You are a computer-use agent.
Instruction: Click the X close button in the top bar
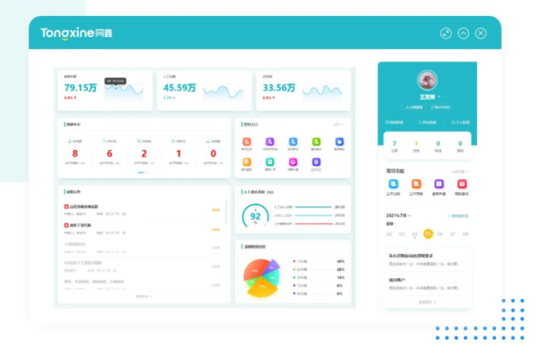(x=481, y=34)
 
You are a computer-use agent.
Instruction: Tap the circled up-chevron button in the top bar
(x=463, y=34)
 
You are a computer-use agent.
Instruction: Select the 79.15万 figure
(x=80, y=88)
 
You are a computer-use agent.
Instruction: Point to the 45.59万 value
(x=179, y=88)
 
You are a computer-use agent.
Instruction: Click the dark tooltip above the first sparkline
(x=116, y=80)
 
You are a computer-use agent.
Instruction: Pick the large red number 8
(x=75, y=153)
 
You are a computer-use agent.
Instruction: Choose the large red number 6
(x=109, y=153)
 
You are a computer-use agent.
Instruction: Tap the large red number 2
(x=144, y=153)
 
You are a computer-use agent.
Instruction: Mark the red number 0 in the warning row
(x=213, y=153)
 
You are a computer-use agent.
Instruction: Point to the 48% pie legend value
(x=340, y=261)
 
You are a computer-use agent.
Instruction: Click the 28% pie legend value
(x=340, y=269)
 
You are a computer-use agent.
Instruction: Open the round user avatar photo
(x=428, y=80)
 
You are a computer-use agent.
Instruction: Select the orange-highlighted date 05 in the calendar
(x=428, y=234)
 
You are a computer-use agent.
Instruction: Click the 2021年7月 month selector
(x=399, y=215)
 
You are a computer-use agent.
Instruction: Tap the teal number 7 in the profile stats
(x=394, y=143)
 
